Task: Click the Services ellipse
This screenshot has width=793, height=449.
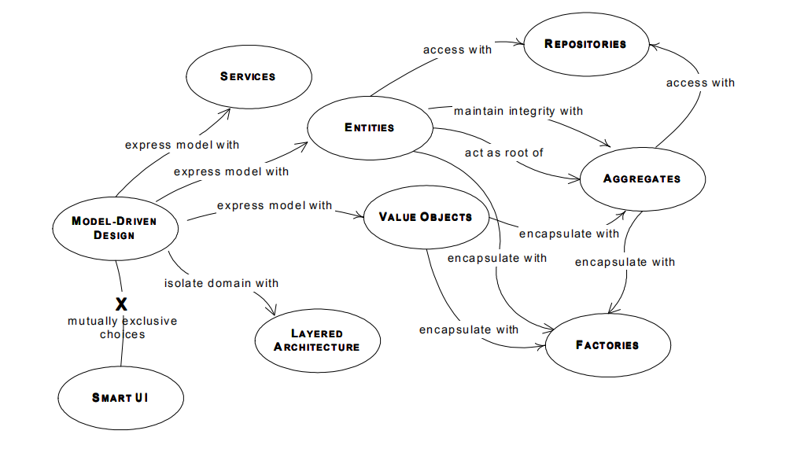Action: [249, 77]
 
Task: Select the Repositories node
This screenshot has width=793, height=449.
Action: [586, 45]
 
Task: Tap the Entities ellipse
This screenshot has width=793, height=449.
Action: [370, 128]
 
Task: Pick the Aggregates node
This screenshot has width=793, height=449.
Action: [642, 179]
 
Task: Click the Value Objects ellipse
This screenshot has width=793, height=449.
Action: [426, 217]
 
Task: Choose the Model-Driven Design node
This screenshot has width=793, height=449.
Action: [116, 229]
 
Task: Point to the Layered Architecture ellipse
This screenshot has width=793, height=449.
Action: [318, 340]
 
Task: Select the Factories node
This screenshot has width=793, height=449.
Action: [608, 345]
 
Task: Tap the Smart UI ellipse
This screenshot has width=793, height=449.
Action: [121, 398]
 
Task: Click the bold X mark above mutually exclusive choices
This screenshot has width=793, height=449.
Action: [121, 304]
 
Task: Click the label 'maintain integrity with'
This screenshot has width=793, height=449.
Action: [518, 111]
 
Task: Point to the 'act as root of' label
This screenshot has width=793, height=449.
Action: [504, 153]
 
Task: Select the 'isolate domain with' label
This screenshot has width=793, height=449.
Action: [222, 283]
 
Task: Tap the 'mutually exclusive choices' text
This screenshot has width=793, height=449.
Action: [123, 328]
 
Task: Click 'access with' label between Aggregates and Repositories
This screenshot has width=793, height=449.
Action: [700, 83]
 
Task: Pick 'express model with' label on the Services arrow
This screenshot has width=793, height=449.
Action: [182, 145]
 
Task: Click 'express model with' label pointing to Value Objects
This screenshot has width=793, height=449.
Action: [275, 206]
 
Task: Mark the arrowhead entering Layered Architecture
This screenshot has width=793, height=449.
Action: [272, 311]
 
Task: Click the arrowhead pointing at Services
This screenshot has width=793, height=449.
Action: [226, 112]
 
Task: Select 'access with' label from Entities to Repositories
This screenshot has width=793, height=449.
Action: [457, 50]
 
